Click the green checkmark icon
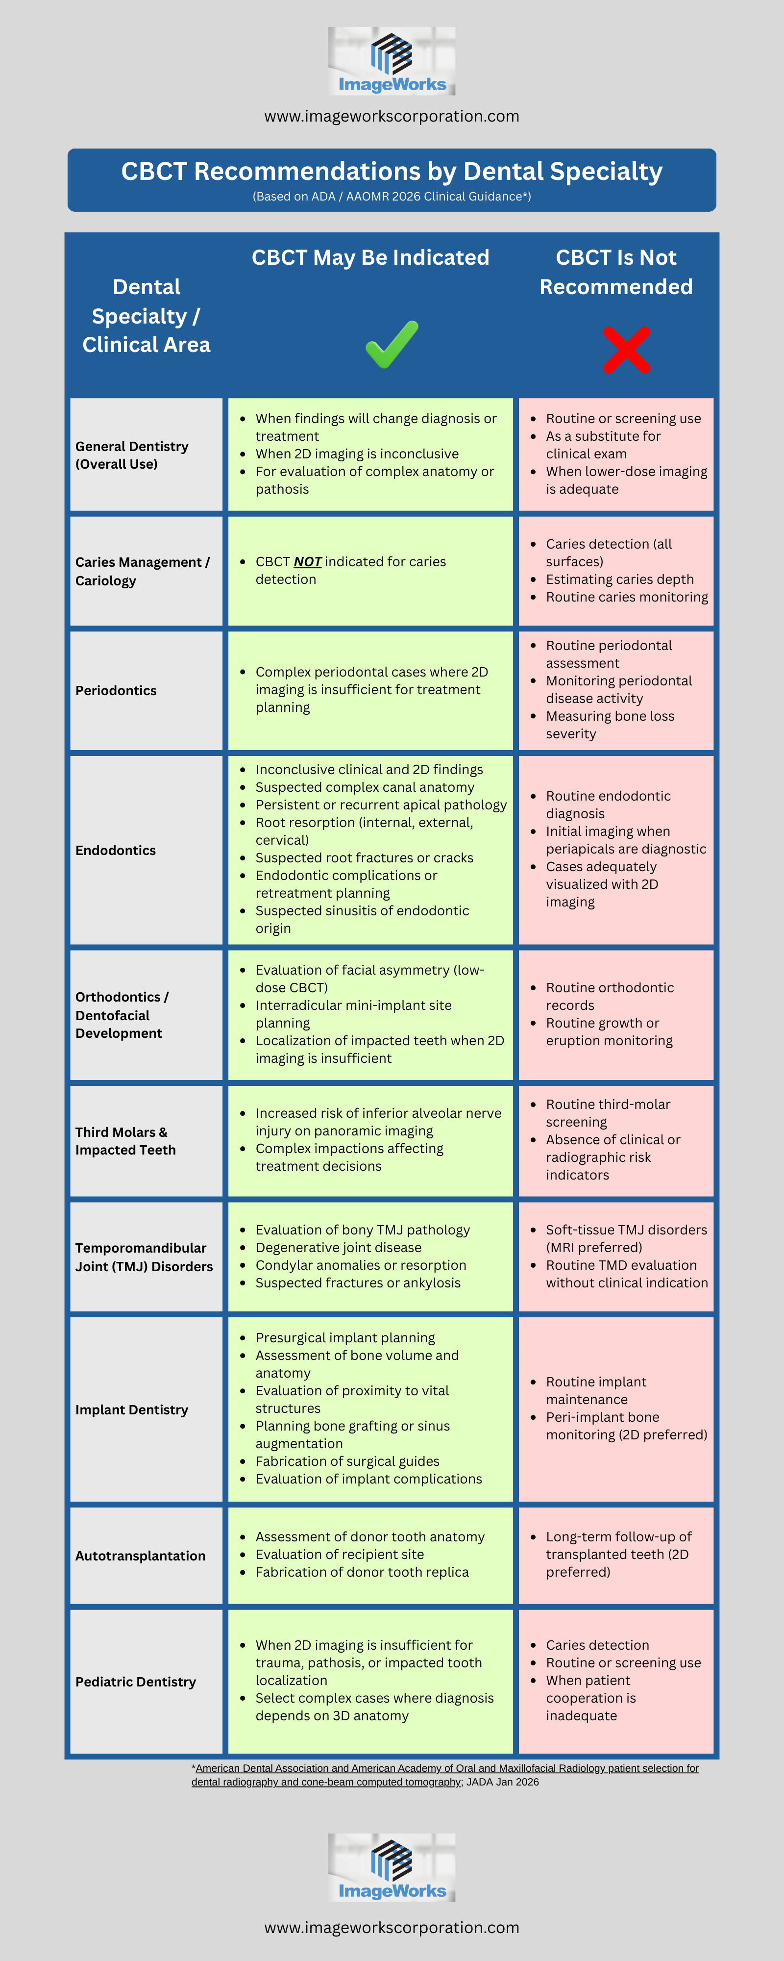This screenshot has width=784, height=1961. click(392, 344)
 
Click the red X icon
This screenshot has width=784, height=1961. click(626, 350)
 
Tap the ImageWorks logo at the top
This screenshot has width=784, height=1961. click(392, 61)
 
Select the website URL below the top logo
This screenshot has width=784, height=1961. click(392, 117)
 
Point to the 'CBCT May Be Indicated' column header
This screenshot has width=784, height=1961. click(371, 258)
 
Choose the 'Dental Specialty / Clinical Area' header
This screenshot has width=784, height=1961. click(146, 316)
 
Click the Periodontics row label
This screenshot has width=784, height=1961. click(116, 690)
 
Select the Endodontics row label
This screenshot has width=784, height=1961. click(116, 850)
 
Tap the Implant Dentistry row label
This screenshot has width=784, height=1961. click(132, 1410)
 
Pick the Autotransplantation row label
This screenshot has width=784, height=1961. click(140, 1556)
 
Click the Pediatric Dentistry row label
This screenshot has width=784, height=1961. click(136, 1682)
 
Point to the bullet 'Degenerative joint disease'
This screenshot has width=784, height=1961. click(339, 1248)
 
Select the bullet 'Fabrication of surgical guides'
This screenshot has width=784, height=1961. click(348, 1461)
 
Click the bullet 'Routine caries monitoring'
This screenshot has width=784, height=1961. click(626, 597)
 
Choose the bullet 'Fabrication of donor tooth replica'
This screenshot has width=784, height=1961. click(362, 1572)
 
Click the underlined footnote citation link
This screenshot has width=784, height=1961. click(445, 1775)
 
